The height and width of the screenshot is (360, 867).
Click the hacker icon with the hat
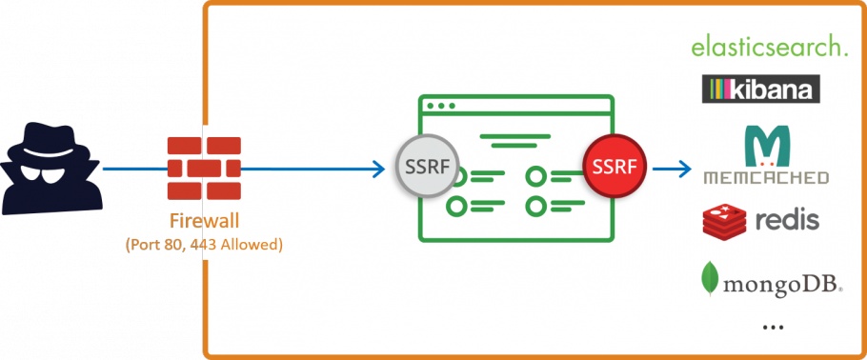coord(50,167)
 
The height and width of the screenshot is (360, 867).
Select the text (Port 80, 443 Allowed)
coord(204,244)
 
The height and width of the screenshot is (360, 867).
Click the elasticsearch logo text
coord(768,46)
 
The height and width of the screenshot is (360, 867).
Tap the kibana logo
coord(760,90)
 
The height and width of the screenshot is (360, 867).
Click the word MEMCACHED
coord(766,177)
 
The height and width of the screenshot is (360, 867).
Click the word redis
coord(787,221)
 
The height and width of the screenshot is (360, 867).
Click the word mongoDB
coord(781,282)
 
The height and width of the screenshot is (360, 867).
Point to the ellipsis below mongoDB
coord(773,327)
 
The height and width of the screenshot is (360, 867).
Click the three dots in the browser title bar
coord(441,105)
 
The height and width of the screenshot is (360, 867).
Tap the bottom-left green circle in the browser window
coord(458,205)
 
